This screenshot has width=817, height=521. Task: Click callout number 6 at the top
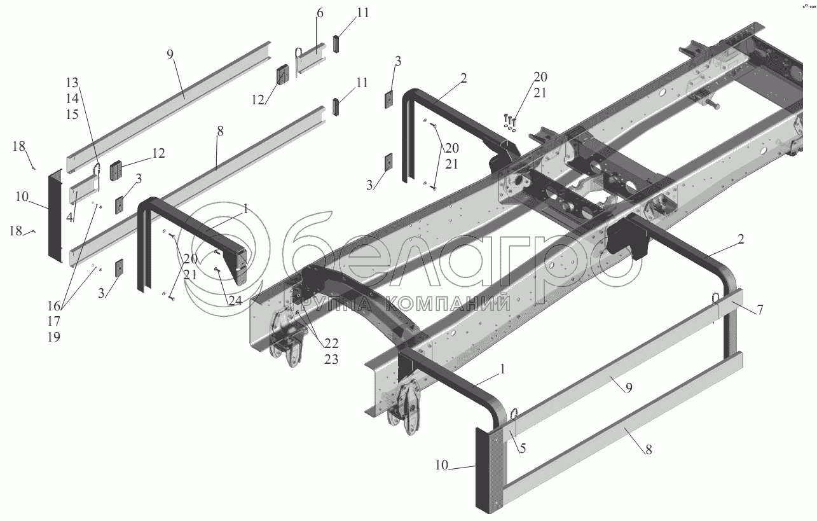coord(319,13)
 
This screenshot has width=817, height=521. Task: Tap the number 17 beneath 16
coord(53,322)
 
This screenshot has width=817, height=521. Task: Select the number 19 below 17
coord(53,338)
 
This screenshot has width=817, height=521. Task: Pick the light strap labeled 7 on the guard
coord(729,304)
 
